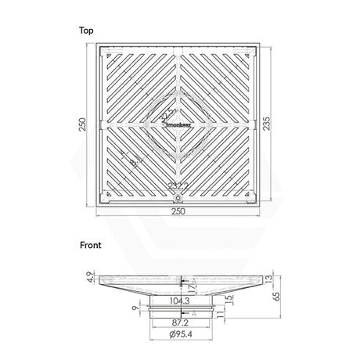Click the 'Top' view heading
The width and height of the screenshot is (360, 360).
pyautogui.click(x=85, y=31)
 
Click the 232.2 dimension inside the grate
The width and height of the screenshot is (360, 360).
pyautogui.click(x=180, y=185)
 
